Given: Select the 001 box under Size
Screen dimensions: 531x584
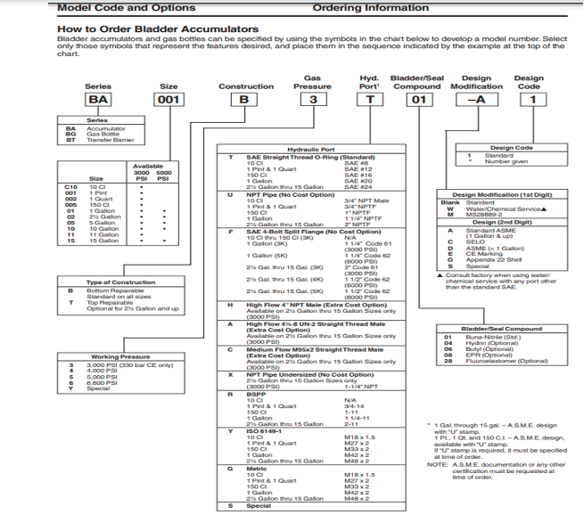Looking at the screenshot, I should pyautogui.click(x=169, y=100).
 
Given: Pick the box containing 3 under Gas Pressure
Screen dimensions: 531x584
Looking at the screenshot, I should pyautogui.click(x=312, y=100).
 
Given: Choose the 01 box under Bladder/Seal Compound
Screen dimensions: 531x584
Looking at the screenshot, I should pyautogui.click(x=415, y=100).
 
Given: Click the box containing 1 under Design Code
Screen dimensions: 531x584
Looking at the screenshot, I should pyautogui.click(x=533, y=100).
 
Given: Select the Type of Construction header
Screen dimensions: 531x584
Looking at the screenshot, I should pyautogui.click(x=122, y=282).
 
